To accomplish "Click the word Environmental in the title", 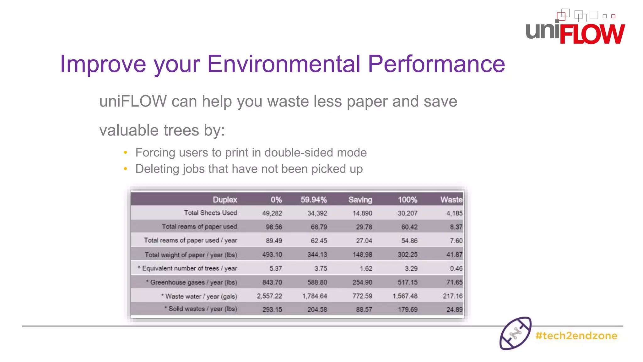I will pos(284,64).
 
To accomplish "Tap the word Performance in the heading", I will pos(436,64).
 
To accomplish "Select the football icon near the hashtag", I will pos(515,333).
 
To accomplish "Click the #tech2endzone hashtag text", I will pos(576,336).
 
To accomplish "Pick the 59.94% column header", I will pos(313,200).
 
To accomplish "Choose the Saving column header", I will pos(360,200).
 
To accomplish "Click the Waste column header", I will pos(451,200).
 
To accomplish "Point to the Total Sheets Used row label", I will pos(210,213).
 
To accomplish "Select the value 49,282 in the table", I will pos(272,213).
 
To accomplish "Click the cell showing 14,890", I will pos(362,213).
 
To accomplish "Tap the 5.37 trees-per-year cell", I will pos(276,268).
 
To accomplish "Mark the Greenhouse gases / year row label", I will pos(193,282).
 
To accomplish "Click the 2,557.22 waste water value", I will pos(269,296).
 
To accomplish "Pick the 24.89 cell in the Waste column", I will pos(454,310).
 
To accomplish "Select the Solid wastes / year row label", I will pos(202,309).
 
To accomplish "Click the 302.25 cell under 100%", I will pos(408,255).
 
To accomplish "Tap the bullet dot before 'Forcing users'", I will pos(125,153).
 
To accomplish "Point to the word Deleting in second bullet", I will pos(157,169).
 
